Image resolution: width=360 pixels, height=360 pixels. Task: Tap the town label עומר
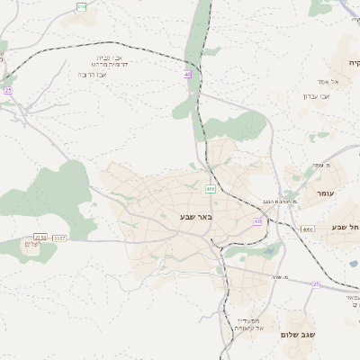[x=325, y=193]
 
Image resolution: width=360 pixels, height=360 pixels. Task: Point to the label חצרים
[x=31, y=245]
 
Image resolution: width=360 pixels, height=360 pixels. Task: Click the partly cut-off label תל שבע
[x=346, y=228]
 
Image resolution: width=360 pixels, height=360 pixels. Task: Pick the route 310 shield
[x=82, y=6]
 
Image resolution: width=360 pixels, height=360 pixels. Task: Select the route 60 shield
[x=258, y=220]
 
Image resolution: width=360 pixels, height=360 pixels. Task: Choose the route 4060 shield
[x=308, y=229]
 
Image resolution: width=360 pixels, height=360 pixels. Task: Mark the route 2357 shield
[x=59, y=238]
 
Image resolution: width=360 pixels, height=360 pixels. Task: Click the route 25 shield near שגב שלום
[x=316, y=284]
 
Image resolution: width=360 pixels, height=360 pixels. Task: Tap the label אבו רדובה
[x=87, y=75]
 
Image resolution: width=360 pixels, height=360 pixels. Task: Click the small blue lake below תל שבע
[x=352, y=263]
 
